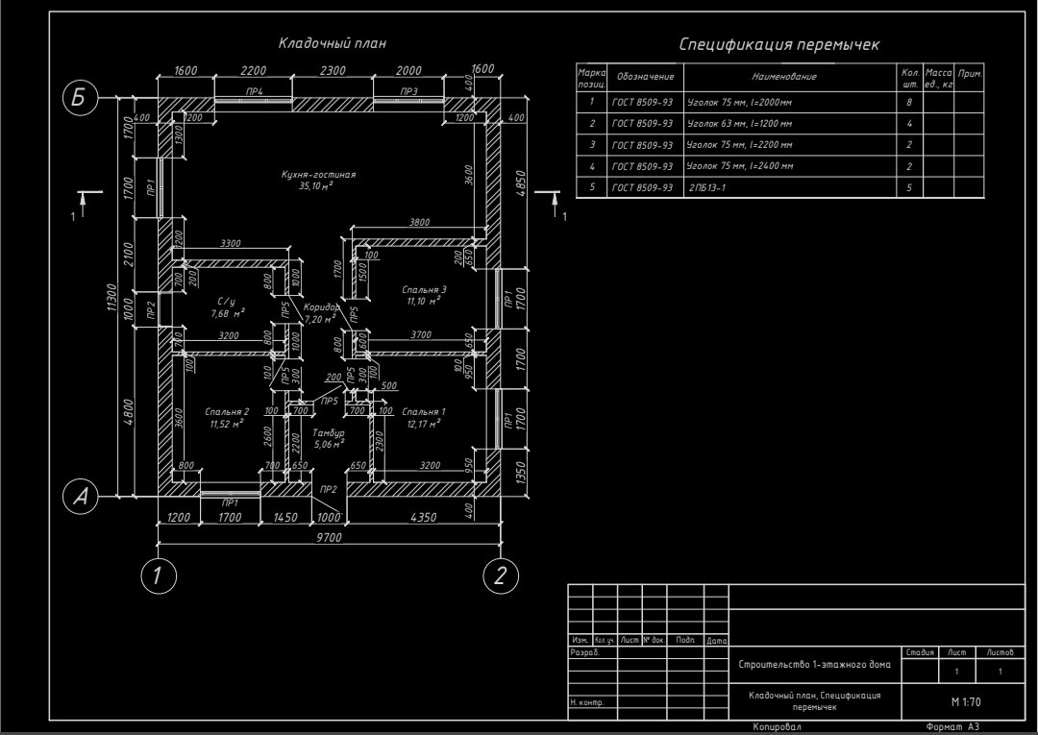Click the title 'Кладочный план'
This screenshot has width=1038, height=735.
point(333,42)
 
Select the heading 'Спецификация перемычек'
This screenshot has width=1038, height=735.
point(779,44)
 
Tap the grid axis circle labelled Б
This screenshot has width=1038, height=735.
point(81,98)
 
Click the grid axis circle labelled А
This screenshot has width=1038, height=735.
point(81,496)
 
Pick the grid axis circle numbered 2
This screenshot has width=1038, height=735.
point(500,576)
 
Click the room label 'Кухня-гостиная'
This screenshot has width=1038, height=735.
point(319,175)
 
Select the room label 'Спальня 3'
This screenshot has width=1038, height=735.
point(424,289)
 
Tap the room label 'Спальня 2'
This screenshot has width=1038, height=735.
point(227,411)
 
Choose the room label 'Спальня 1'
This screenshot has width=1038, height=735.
point(424,411)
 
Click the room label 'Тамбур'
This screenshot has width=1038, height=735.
point(329,433)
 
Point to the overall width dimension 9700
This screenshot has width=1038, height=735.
point(329,538)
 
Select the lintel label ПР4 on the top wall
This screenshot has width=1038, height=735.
point(255,91)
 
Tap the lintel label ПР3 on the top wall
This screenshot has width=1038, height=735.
point(409,91)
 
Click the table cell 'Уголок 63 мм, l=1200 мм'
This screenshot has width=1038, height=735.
point(740,124)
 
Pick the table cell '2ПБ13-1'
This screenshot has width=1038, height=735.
point(707,187)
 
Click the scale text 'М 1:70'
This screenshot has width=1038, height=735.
point(965,702)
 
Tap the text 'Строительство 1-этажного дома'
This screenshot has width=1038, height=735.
point(814,665)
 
